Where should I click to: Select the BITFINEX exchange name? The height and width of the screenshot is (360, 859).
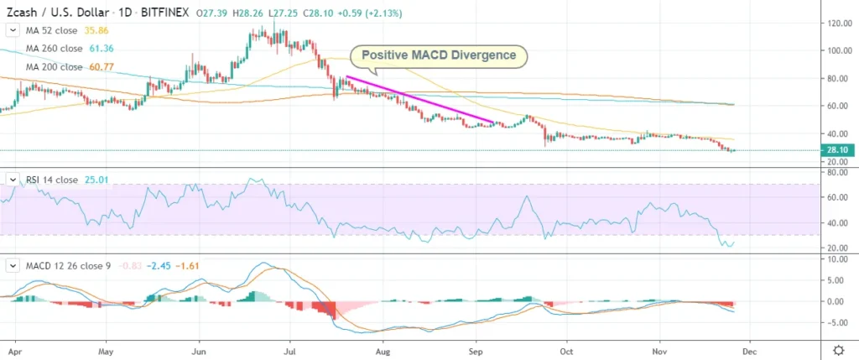click(x=164, y=12)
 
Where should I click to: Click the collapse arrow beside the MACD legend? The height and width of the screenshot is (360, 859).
click(x=12, y=265)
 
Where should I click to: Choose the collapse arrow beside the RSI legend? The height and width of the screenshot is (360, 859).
click(x=12, y=180)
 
